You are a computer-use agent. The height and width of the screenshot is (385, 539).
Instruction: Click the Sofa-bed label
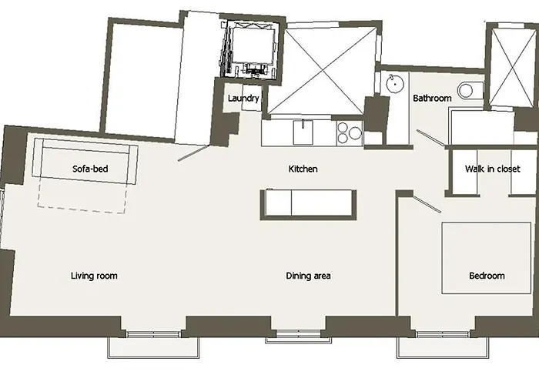(90, 169)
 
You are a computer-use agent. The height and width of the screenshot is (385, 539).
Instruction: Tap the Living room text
(94, 276)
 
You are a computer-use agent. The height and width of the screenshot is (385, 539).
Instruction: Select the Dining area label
(308, 276)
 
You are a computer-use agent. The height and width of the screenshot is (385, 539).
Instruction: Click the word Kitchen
(303, 169)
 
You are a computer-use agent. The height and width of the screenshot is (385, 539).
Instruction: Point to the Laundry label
(243, 99)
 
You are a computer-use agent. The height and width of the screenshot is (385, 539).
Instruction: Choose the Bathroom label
(432, 99)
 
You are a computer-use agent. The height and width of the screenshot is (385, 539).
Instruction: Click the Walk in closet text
(492, 169)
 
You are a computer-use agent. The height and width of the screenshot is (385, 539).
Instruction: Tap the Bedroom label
(487, 276)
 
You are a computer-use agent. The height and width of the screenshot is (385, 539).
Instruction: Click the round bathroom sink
(394, 83)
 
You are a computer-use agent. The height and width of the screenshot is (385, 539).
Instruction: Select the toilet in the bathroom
(469, 90)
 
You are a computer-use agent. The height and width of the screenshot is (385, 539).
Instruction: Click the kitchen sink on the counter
(303, 132)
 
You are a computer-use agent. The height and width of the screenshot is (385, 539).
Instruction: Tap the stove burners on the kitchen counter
(350, 132)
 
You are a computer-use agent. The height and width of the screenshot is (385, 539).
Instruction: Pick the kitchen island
(308, 205)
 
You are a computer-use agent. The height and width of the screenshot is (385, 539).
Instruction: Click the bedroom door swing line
(427, 205)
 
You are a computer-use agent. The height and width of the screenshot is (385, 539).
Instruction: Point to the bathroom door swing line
(430, 137)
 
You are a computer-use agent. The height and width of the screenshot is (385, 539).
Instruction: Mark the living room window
(153, 333)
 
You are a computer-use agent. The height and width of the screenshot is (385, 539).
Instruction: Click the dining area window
(299, 333)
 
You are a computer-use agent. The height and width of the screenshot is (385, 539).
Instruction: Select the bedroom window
(443, 333)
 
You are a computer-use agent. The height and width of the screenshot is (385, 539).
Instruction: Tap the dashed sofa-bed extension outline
(82, 206)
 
